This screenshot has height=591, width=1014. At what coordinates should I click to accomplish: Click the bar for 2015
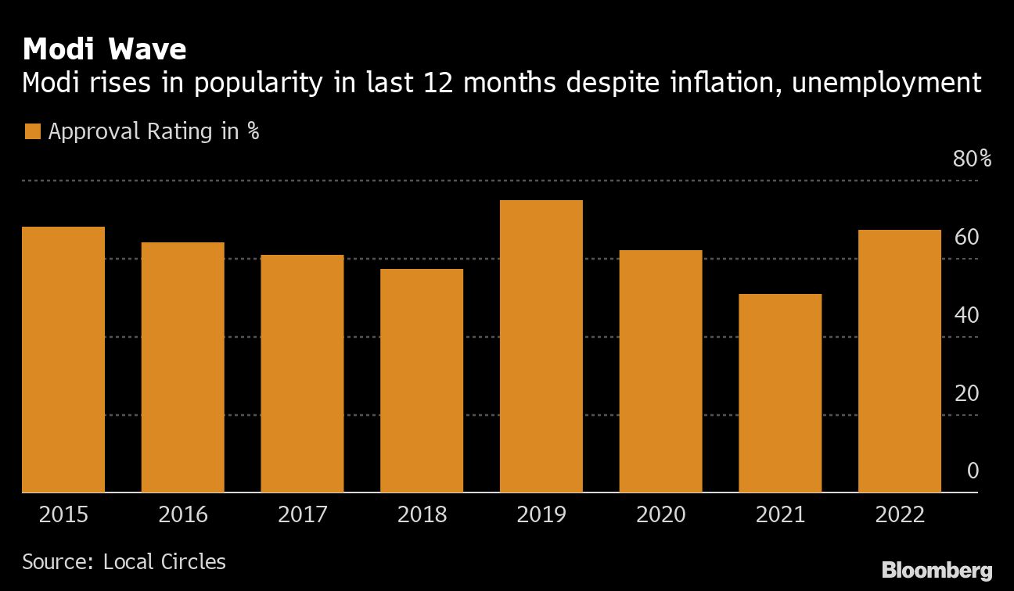63,360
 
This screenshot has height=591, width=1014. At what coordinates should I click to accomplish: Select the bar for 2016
182,367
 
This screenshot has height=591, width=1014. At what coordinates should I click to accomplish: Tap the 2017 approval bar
302,374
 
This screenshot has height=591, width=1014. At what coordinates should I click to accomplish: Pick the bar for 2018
422,381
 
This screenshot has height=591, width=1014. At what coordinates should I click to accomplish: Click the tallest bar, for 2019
541,346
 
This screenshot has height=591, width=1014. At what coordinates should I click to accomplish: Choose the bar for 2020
660,371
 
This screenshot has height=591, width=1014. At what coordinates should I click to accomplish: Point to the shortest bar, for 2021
780,393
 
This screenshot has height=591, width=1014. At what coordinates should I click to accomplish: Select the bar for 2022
900,361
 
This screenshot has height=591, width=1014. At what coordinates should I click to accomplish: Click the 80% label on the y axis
972,159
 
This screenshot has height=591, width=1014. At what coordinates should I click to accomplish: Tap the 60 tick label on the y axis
967,237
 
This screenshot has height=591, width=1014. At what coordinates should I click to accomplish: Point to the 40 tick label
967,315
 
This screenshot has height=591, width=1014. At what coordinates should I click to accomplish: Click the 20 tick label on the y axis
967,393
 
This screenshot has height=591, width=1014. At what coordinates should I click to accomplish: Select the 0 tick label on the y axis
973,471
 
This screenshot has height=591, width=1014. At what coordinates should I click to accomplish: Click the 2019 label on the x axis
541,514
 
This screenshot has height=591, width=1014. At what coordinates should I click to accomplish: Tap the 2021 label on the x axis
780,514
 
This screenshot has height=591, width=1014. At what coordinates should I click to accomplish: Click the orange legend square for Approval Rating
32,131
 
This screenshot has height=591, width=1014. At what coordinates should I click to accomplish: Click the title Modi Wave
104,50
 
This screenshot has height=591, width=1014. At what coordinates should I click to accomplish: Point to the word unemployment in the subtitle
886,83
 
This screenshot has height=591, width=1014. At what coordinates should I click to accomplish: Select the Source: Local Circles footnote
124,561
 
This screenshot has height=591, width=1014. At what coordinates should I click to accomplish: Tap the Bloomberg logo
937,570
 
